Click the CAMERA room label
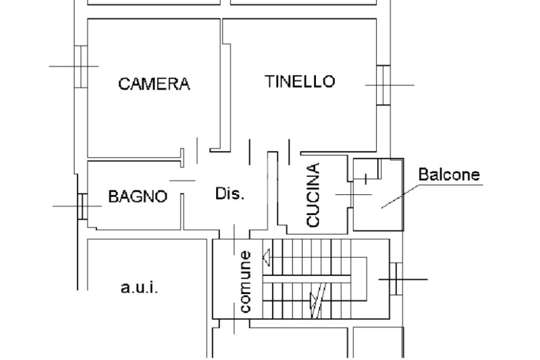(x=154, y=84)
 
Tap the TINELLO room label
(x=300, y=82)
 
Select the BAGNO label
(x=138, y=197)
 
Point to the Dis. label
(x=230, y=193)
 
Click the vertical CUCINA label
(x=313, y=195)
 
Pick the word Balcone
(x=449, y=175)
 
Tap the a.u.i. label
(x=139, y=288)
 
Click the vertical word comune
(x=245, y=281)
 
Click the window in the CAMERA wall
(x=81, y=66)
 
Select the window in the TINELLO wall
(x=383, y=84)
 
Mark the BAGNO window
(x=82, y=206)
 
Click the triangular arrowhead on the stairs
(x=267, y=258)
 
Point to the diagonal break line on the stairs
(x=318, y=300)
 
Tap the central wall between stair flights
(x=306, y=279)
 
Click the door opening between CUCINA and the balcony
(x=349, y=194)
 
